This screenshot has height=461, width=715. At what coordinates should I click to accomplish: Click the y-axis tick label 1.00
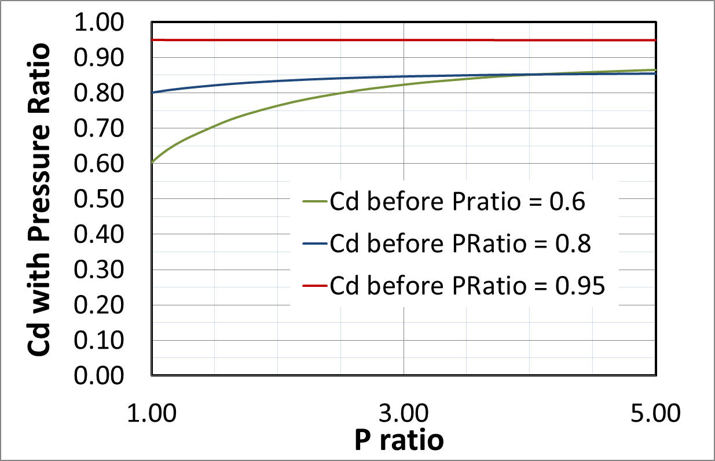click(108, 23)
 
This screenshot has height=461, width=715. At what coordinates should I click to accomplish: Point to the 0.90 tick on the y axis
click(108, 58)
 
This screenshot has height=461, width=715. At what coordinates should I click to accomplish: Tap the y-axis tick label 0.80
click(108, 93)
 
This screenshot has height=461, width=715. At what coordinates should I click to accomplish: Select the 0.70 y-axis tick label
click(108, 128)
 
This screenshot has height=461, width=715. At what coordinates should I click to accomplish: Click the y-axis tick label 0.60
click(108, 164)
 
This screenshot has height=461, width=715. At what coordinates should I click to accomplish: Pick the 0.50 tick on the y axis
click(108, 199)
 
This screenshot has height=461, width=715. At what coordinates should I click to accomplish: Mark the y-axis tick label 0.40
click(108, 234)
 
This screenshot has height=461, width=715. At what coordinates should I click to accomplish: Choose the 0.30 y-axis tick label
click(108, 270)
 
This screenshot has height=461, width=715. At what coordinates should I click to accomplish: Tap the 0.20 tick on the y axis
click(108, 305)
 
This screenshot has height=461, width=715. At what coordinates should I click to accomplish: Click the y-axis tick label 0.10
click(108, 340)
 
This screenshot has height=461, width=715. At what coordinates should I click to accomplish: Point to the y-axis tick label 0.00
click(108, 375)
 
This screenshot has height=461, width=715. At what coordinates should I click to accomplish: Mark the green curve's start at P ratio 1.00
click(152, 163)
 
